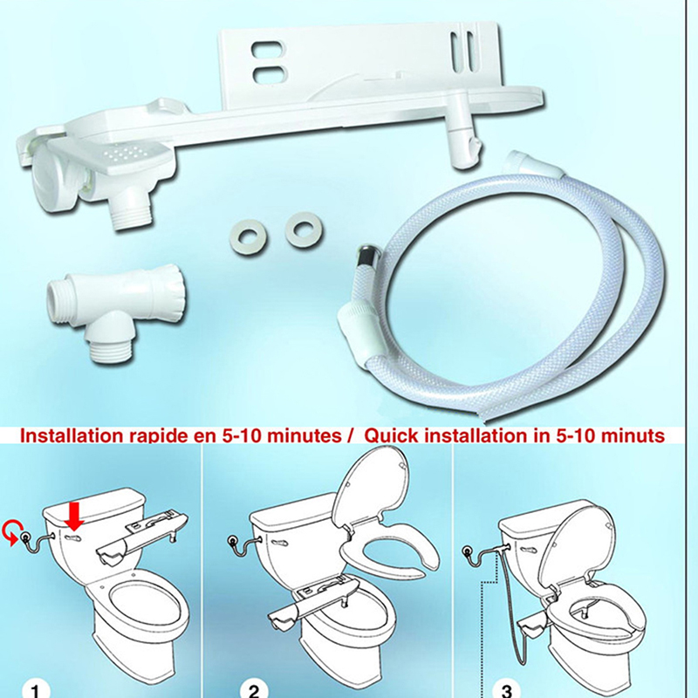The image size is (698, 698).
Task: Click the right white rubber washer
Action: click(x=305, y=230)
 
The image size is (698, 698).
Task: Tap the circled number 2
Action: click(x=254, y=689)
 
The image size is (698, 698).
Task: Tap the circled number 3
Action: click(x=507, y=690)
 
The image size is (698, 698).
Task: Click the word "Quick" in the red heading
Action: click(x=391, y=435)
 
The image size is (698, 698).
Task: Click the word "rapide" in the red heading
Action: click(x=154, y=435)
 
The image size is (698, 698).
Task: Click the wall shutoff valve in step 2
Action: click(x=232, y=540)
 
